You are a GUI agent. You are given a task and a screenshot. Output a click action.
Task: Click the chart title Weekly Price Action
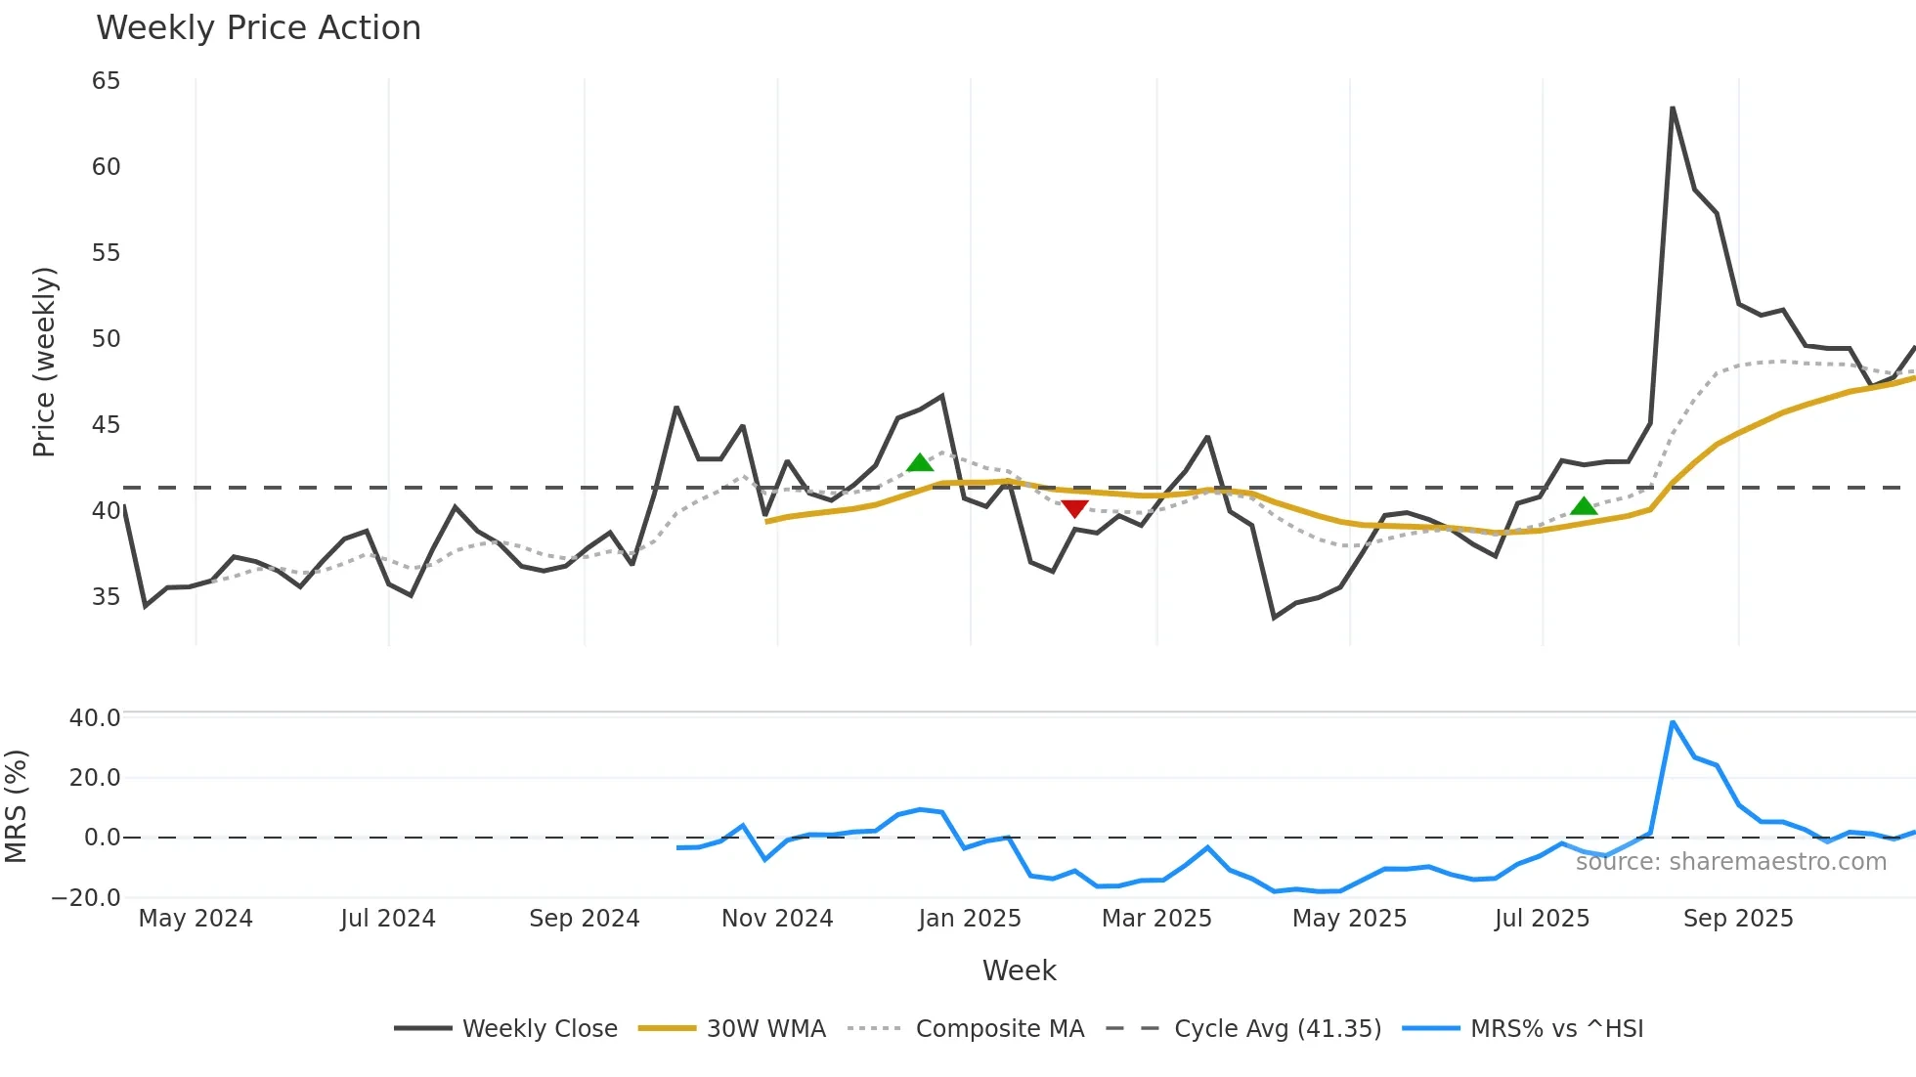point(258,27)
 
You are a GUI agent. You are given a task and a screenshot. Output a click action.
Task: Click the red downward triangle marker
point(1074,508)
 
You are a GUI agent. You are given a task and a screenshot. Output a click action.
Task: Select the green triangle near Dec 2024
point(919,463)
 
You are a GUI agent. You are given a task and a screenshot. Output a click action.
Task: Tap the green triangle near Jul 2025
point(1584,506)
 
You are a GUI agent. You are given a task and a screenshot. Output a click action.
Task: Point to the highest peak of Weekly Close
point(1673,108)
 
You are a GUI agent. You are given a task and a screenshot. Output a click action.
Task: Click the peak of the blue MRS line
point(1673,722)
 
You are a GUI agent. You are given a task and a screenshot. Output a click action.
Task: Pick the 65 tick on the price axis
point(106,81)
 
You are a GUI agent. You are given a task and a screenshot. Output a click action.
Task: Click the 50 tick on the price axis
point(106,339)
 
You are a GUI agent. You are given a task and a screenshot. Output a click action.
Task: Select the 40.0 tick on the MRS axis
point(95,718)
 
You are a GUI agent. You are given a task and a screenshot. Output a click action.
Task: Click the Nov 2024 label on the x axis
point(777,919)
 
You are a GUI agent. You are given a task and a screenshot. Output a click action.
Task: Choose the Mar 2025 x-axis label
point(1156,919)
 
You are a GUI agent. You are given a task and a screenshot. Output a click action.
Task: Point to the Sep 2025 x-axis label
point(1738,919)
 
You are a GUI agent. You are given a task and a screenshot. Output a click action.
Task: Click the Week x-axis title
point(1019,970)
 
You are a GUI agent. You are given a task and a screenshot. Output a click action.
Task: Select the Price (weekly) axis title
point(44,362)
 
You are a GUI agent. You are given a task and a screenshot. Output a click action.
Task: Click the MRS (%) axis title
point(16,806)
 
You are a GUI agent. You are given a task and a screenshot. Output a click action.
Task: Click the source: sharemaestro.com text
point(1730,862)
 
